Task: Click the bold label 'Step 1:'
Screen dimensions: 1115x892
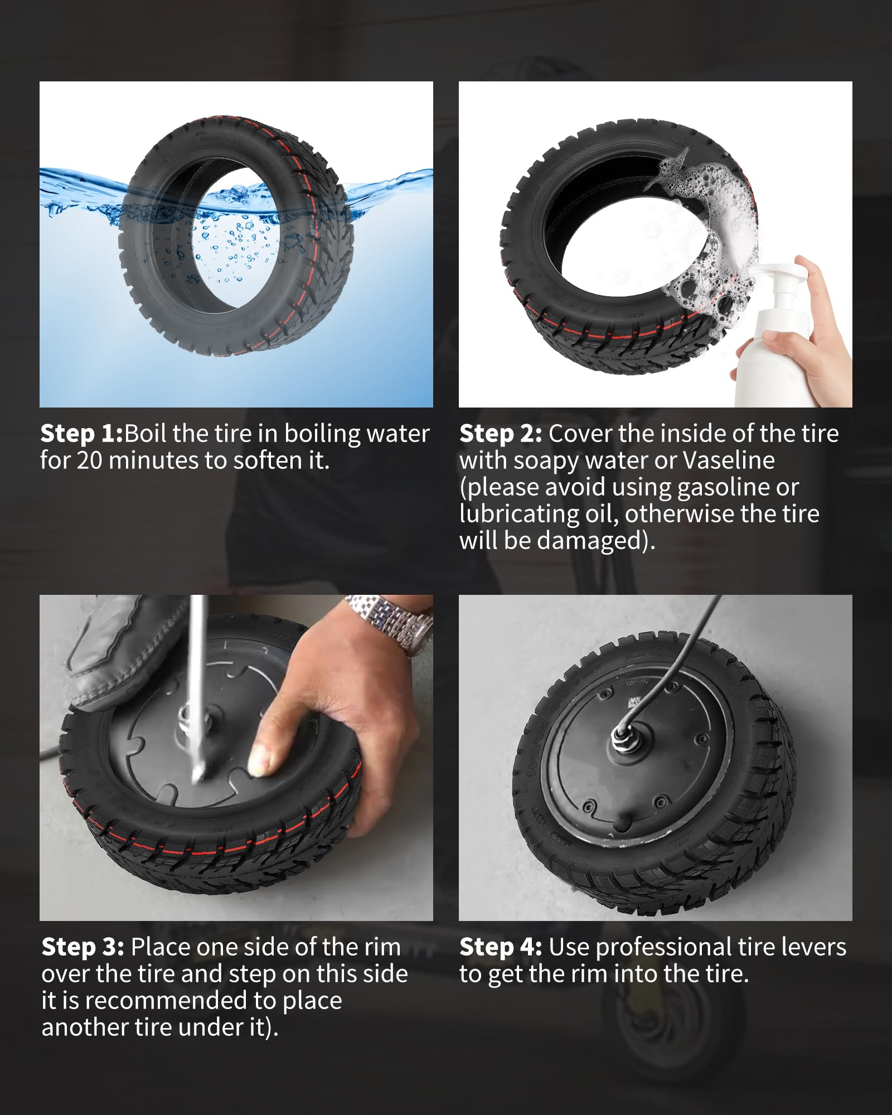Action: point(81,434)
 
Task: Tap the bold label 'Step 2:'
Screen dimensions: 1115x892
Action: point(500,434)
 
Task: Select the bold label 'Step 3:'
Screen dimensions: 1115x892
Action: point(83,947)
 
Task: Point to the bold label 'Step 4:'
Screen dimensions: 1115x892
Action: point(500,947)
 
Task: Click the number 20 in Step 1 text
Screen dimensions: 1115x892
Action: point(89,460)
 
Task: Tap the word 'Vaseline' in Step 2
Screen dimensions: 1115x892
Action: point(728,460)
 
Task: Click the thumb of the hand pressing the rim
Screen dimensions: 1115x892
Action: point(262,758)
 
